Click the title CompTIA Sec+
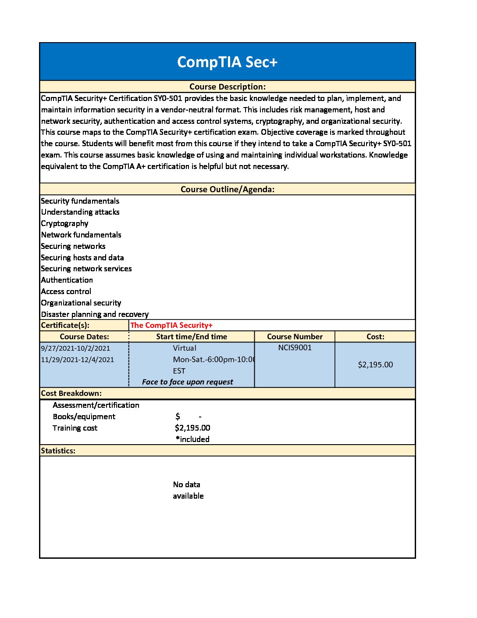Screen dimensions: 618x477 pos(227,62)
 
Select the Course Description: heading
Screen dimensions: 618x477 pos(227,87)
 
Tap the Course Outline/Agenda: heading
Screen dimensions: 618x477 pos(227,190)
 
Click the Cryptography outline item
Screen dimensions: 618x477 pos(64,223)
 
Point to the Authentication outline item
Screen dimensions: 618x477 pos(67,280)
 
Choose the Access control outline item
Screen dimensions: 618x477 pos(66,291)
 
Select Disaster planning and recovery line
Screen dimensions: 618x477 pos(95,314)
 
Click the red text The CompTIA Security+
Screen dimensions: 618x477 pos(171,325)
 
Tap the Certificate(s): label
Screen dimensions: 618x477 pos(65,325)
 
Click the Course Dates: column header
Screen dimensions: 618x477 pos(84,337)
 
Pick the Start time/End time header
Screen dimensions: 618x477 pos(192,337)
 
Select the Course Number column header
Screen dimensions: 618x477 pos(295,337)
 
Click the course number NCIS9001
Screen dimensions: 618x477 pos(295,348)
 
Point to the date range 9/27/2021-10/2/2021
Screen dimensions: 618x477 pos(75,349)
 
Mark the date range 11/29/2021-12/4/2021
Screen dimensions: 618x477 pos(77,360)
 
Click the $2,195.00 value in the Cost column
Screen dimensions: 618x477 pos(375,365)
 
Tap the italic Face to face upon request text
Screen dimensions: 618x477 pos(187,382)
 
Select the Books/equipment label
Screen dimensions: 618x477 pos(84,417)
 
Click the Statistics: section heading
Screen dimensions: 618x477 pos(58,451)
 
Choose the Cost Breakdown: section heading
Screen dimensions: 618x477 pos(71,393)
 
